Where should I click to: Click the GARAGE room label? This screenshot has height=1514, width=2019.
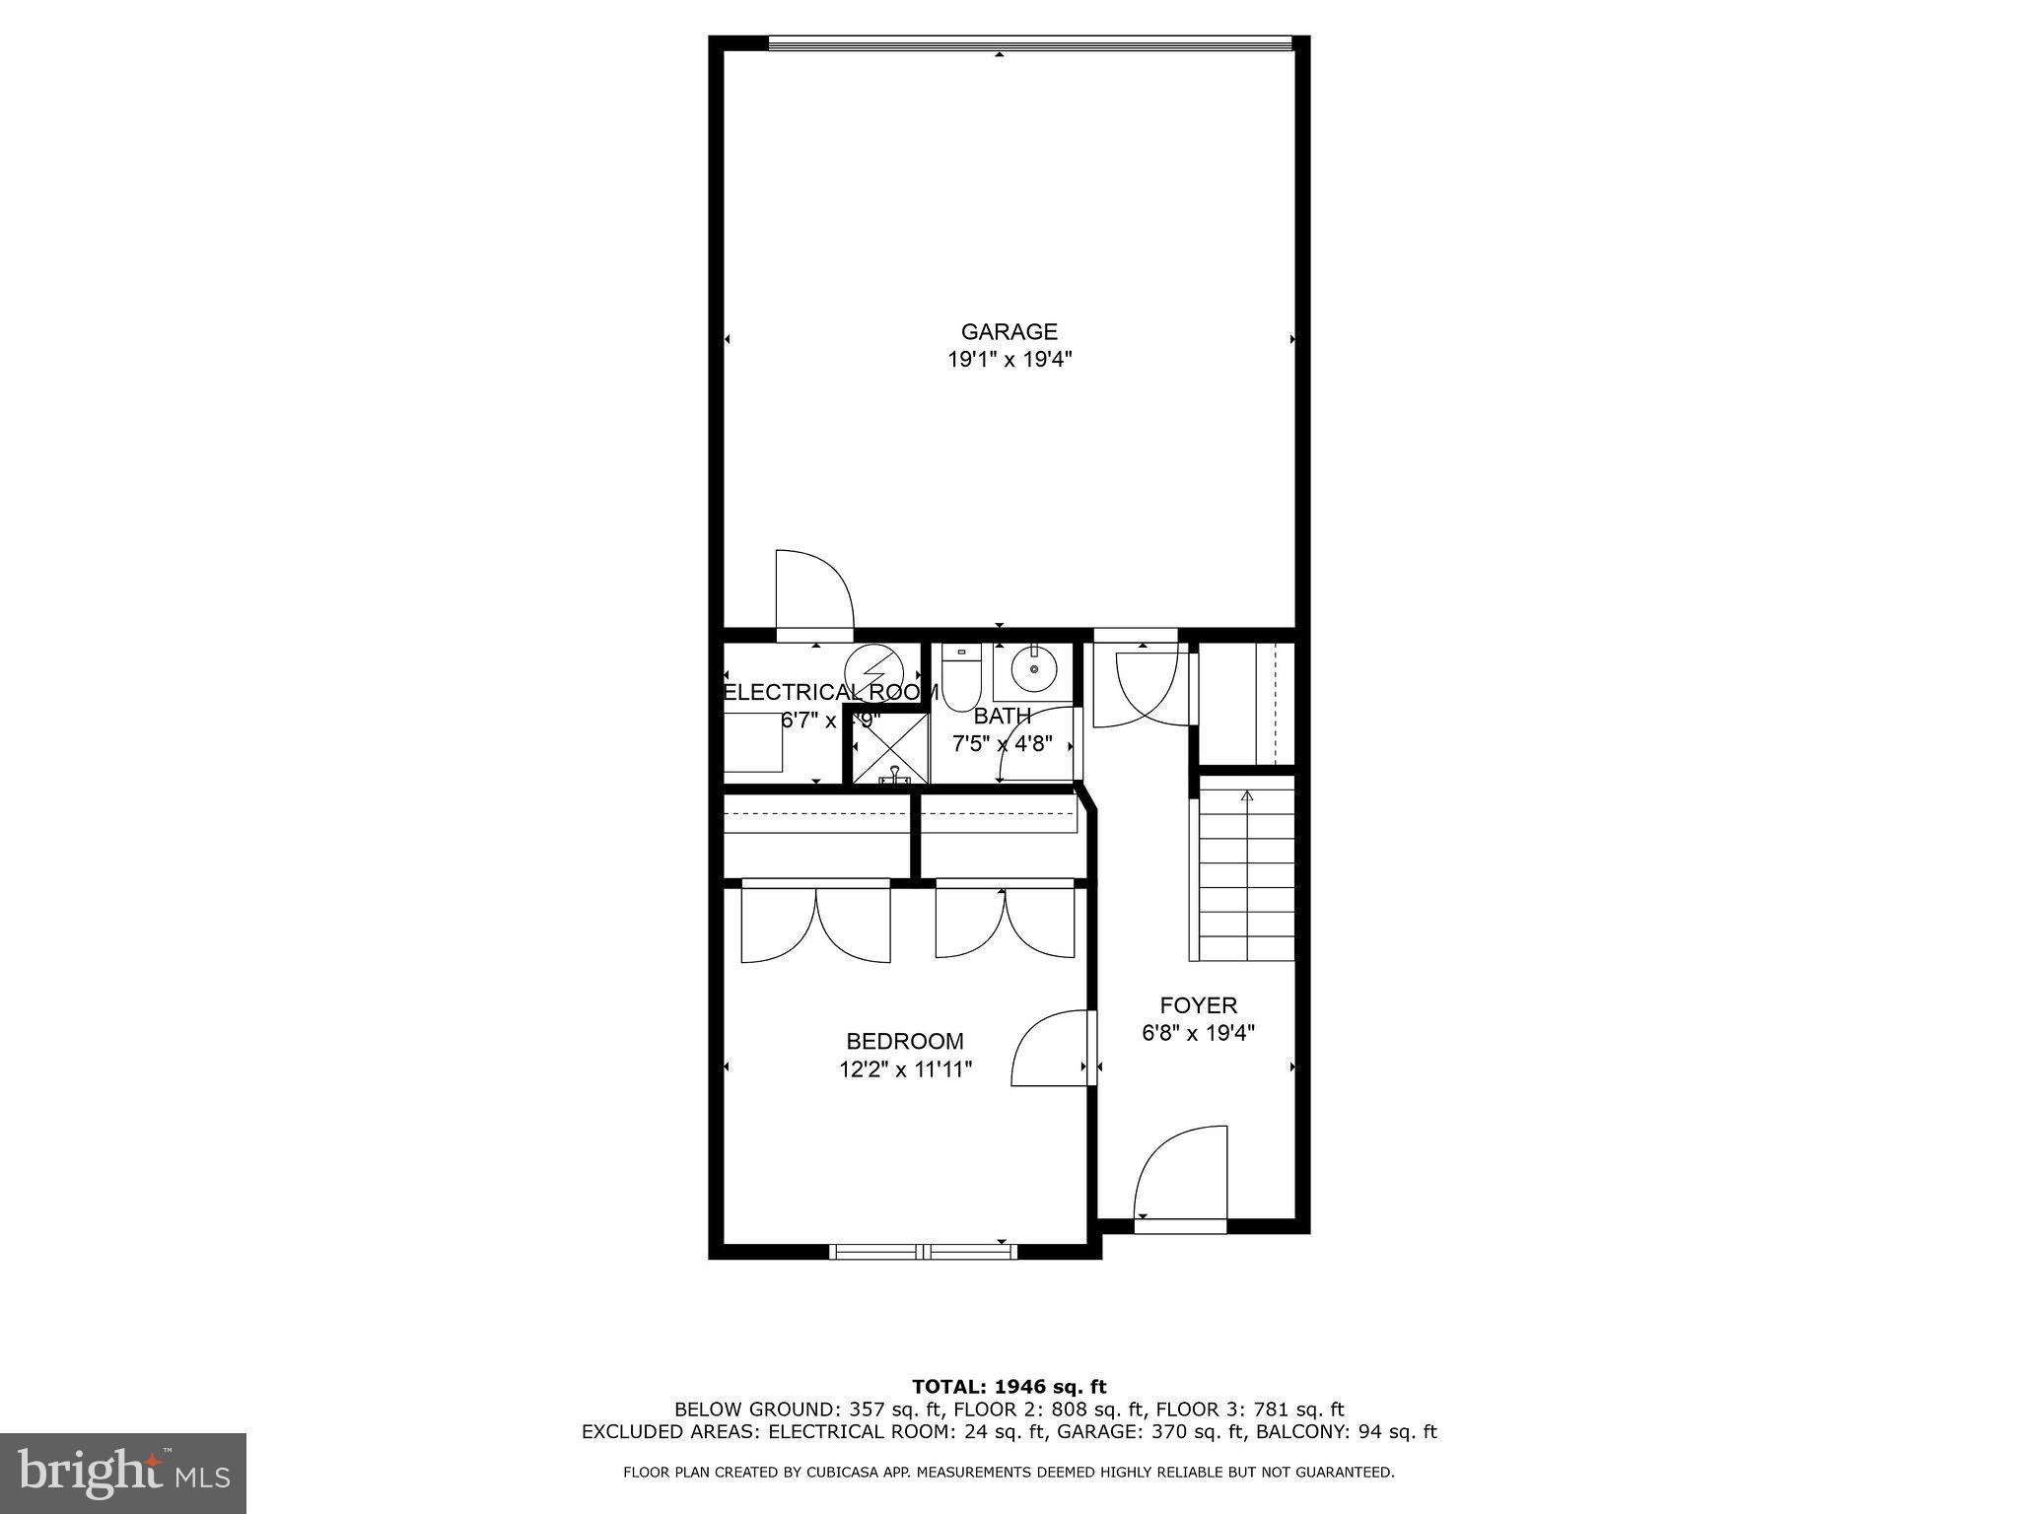[1009, 331]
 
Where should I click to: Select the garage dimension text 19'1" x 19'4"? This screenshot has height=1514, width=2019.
[1009, 360]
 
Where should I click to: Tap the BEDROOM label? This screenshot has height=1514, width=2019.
[904, 1041]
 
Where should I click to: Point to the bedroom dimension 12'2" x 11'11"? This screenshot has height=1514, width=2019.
[905, 1069]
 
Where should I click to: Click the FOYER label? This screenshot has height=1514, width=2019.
[1198, 1005]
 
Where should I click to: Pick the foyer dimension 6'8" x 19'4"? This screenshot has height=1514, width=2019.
[1198, 1033]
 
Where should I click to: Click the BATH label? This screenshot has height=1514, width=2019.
[1002, 716]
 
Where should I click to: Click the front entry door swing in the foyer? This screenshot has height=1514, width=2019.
[1181, 1176]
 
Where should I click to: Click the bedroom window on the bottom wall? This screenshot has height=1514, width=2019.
[922, 1252]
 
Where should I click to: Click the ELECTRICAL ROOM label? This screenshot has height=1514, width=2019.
[830, 692]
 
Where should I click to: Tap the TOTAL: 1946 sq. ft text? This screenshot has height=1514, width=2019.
[1009, 1388]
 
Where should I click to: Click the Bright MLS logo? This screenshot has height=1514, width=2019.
[123, 1474]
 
